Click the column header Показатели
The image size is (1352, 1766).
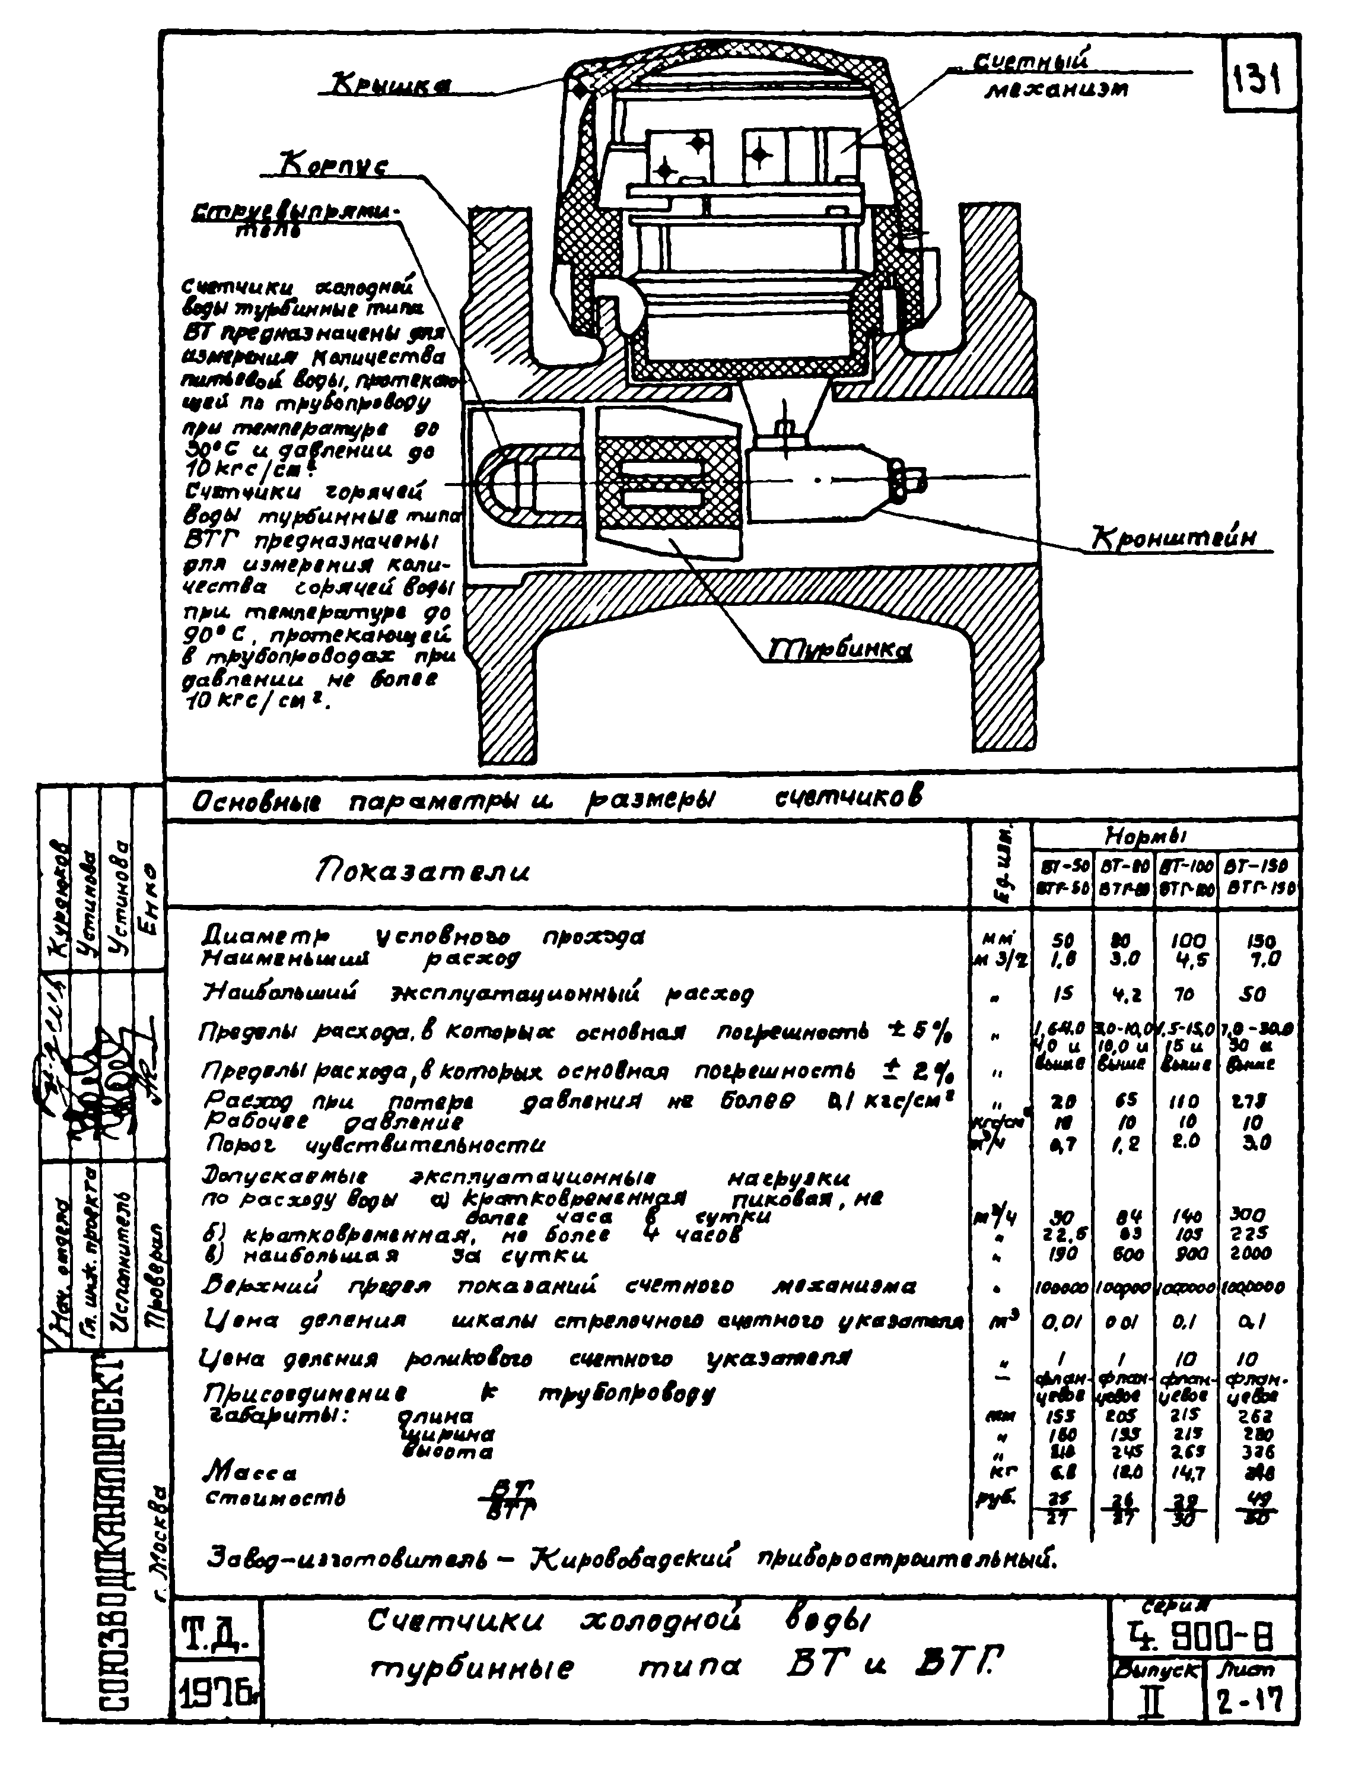click(x=421, y=871)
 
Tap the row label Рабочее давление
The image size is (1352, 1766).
click(x=333, y=1122)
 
